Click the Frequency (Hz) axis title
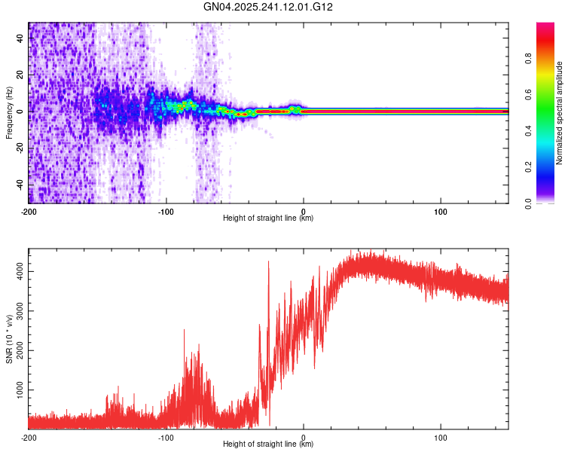pos(9,113)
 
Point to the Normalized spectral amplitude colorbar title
pos(560,113)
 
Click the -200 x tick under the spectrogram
pos(29,211)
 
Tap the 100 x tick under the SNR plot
pos(440,437)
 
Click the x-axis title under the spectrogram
pos(268,218)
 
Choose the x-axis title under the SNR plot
pos(268,444)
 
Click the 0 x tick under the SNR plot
pos(304,437)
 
